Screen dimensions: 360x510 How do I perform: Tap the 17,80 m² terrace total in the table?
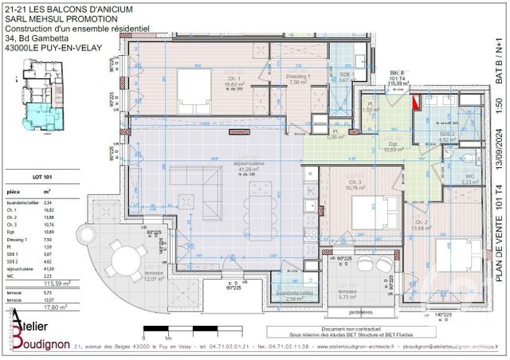tap(57, 304)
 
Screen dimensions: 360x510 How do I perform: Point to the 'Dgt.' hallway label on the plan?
tap(391, 144)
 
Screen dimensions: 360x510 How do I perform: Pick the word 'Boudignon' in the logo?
tap(42, 342)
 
